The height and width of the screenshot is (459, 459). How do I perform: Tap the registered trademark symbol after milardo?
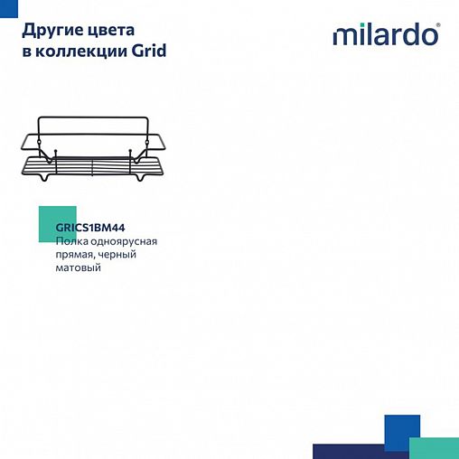pyautogui.click(x=439, y=27)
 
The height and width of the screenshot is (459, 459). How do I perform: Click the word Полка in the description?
pyautogui.click(x=71, y=242)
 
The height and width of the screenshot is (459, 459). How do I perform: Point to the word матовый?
pyautogui.click(x=78, y=267)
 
